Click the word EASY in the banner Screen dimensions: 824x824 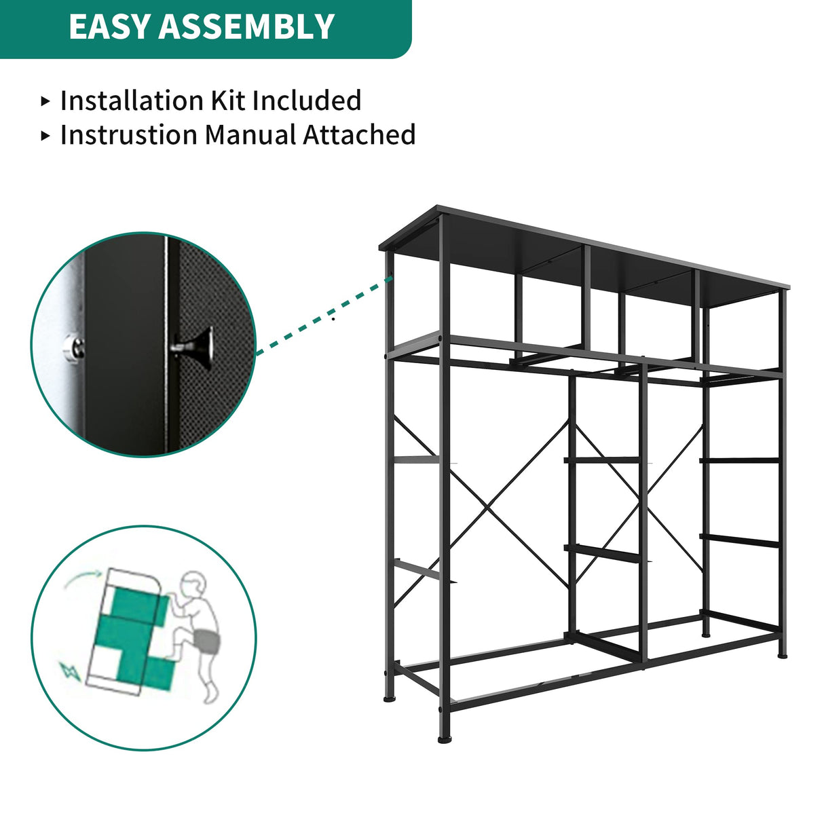pyautogui.click(x=110, y=27)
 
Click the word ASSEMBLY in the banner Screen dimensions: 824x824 pyautogui.click(x=247, y=27)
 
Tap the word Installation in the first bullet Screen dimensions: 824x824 pyautogui.click(x=132, y=100)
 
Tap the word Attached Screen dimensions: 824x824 pyautogui.click(x=359, y=134)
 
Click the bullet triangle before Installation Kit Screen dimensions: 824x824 pyautogui.click(x=45, y=101)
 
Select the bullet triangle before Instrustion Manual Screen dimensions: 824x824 pyautogui.click(x=45, y=135)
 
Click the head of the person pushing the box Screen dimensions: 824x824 pyautogui.click(x=193, y=584)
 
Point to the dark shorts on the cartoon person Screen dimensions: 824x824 pyautogui.click(x=204, y=641)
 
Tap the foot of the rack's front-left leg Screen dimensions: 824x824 pyautogui.click(x=445, y=738)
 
